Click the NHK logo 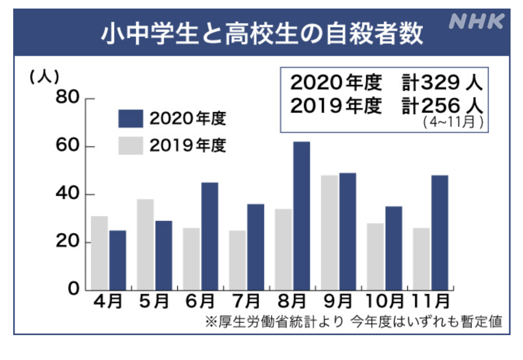[476, 21]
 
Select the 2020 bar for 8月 [302, 216]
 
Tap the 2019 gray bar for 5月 [145, 245]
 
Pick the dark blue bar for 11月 [439, 232]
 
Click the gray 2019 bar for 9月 [329, 232]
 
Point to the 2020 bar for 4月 [117, 260]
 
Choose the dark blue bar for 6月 [209, 236]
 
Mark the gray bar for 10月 [375, 257]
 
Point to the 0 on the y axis [73, 288]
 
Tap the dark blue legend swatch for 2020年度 [131, 119]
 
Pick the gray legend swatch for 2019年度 [131, 146]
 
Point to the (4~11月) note [453, 122]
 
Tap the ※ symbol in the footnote [211, 322]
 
